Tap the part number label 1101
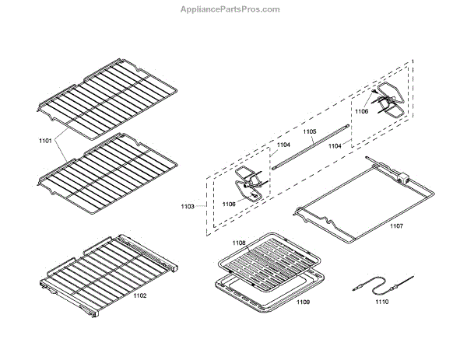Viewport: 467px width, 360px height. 45,142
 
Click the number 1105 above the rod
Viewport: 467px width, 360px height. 309,132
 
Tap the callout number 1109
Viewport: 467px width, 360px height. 303,301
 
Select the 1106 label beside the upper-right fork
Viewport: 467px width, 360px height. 362,112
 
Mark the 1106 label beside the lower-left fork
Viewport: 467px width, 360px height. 229,204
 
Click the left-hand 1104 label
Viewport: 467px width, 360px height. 283,145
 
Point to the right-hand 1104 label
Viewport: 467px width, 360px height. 335,145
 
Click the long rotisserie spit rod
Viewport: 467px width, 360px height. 311,146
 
